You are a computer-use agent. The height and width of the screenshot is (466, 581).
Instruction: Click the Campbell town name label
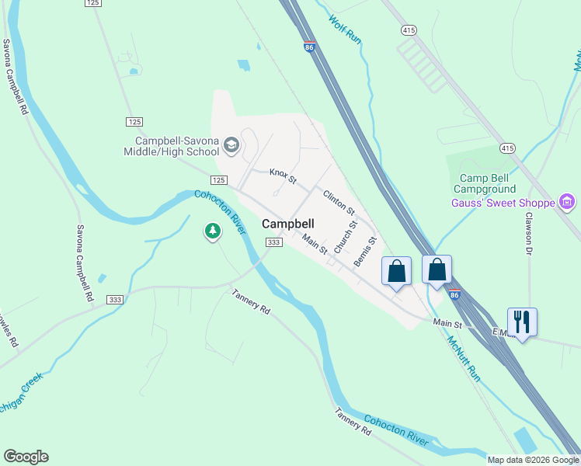(x=287, y=223)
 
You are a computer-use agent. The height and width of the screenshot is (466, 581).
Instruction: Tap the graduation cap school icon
(x=231, y=145)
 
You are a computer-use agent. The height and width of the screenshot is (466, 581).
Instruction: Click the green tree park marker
(x=212, y=231)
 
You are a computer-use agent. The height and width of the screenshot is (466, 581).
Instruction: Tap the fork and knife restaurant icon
(x=522, y=321)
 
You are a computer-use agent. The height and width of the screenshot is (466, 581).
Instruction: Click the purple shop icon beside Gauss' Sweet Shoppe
(x=567, y=203)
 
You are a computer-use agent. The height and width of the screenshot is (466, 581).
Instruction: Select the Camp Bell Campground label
(x=488, y=183)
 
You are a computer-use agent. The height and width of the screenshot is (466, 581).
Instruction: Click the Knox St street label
(x=284, y=176)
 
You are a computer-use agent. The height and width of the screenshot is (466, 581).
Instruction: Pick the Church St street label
(x=344, y=236)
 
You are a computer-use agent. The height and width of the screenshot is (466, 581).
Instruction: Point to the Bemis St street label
(x=365, y=252)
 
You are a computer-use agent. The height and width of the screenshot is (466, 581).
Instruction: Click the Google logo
(x=26, y=457)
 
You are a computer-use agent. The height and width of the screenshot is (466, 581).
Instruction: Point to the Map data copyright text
(x=533, y=460)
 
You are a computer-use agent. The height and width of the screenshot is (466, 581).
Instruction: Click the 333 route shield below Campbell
(x=273, y=242)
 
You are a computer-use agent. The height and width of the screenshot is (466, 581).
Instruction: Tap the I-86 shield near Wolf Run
(x=310, y=47)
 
